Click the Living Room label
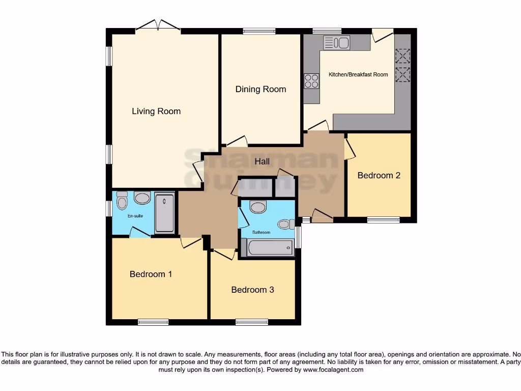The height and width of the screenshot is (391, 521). tap(156, 111)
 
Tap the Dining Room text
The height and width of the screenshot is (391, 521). tap(260, 89)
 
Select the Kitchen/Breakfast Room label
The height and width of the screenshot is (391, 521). tap(358, 75)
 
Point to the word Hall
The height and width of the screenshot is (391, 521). tap(263, 161)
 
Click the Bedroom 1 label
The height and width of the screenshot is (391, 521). tap(151, 274)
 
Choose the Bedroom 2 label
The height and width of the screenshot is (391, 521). tap(379, 176)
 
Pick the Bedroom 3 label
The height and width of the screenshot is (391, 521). tap(252, 290)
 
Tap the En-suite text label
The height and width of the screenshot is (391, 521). tap(135, 216)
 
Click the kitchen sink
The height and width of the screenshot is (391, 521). tap(336, 43)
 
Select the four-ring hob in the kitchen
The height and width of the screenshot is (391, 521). tap(311, 81)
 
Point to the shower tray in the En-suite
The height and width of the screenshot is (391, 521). tap(164, 213)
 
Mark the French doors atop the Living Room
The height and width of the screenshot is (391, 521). tap(158, 27)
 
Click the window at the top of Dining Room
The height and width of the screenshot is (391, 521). tap(259, 31)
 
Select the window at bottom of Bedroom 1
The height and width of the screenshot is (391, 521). tap(153, 322)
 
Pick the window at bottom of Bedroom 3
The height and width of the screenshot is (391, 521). tap(251, 322)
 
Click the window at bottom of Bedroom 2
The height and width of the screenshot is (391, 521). tap(383, 220)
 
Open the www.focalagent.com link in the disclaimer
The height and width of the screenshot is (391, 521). tap(333, 370)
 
